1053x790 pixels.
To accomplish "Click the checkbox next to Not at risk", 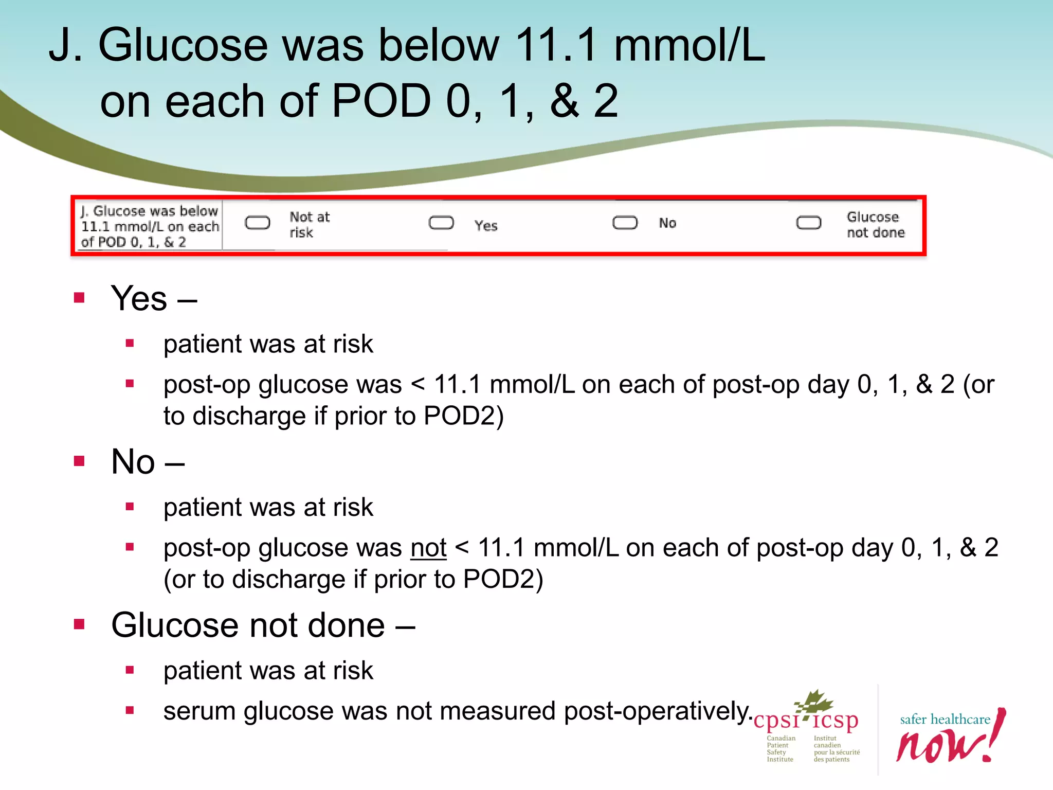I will coord(257,223).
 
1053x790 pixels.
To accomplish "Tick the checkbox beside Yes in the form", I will coord(441,223).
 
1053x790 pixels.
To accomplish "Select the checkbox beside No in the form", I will coord(625,223).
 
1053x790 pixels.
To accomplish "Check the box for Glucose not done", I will coord(808,223).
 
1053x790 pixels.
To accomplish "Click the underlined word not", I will coord(428,548).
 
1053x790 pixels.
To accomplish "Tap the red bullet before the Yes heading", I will coord(79,298).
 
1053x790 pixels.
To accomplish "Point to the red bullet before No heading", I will coord(79,461).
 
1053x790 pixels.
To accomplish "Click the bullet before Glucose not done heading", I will coord(79,624).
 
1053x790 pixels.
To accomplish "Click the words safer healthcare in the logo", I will coord(945,719).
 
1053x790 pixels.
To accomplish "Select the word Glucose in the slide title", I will coord(183,45).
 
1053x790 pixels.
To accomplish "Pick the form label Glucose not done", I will coord(875,225).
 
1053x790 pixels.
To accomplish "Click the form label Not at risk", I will coord(309,225).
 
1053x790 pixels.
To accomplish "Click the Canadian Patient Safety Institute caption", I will coord(780,749).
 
